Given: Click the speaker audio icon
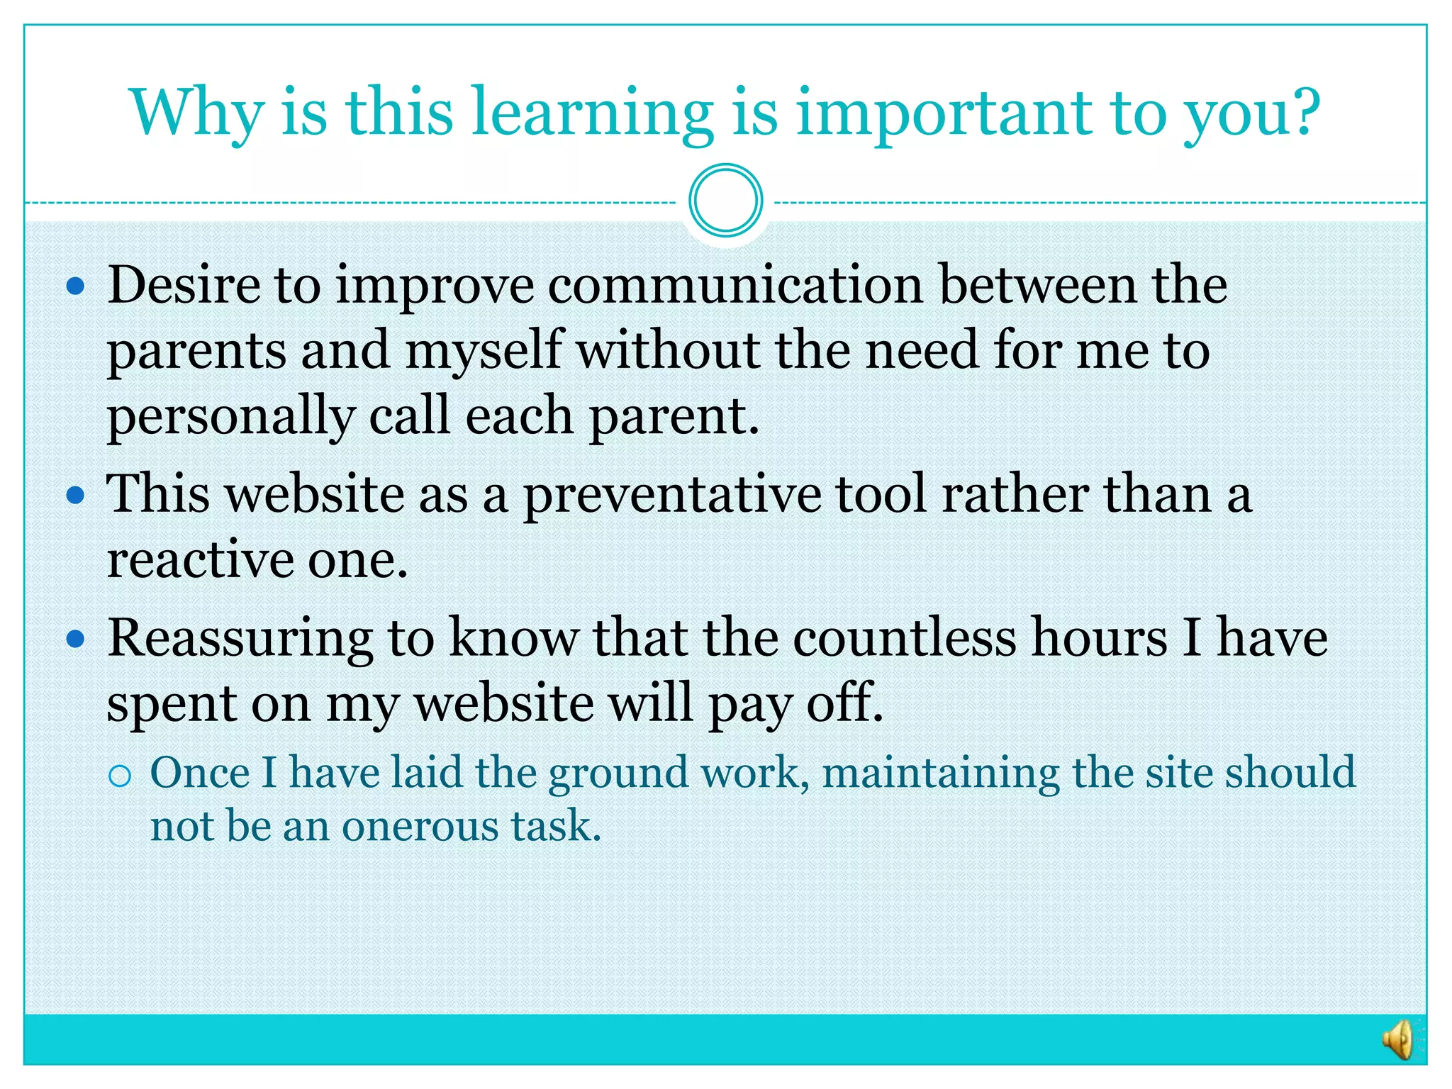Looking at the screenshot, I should coord(1398,1039).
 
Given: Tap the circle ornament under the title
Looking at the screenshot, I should coord(725,201).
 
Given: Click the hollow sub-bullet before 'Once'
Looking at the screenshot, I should coord(121,776).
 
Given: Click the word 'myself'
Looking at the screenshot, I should coord(484,350).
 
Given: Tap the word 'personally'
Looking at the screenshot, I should coord(230,416).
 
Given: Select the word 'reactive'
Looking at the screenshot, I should coord(199,560).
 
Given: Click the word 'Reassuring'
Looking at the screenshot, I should coord(240,639).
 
